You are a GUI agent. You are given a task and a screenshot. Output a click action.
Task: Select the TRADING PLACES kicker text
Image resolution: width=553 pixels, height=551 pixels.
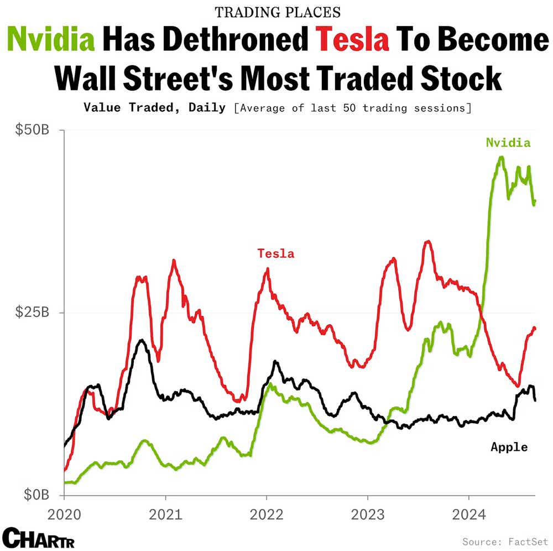(277, 12)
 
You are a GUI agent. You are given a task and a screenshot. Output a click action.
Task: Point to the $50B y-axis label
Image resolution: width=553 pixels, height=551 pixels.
(32, 131)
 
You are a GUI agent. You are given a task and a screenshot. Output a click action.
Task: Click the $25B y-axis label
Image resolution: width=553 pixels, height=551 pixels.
(32, 313)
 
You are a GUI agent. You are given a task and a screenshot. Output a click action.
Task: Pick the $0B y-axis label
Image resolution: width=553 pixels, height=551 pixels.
(35, 494)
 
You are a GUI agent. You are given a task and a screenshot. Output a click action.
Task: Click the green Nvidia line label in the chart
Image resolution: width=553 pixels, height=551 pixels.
(508, 143)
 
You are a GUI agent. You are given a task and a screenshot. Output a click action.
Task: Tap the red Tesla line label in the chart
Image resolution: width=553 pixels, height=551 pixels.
(275, 254)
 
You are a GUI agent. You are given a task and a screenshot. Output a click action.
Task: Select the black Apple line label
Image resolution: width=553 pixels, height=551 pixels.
(509, 447)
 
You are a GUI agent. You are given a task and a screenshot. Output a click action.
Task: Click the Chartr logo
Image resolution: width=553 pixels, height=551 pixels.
(39, 537)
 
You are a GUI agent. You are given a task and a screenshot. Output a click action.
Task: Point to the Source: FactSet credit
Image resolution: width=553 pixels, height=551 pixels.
(504, 540)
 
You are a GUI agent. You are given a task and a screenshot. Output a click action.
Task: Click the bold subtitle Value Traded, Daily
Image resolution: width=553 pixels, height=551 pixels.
(155, 107)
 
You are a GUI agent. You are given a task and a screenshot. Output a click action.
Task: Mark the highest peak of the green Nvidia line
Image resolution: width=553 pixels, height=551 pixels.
(501, 157)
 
